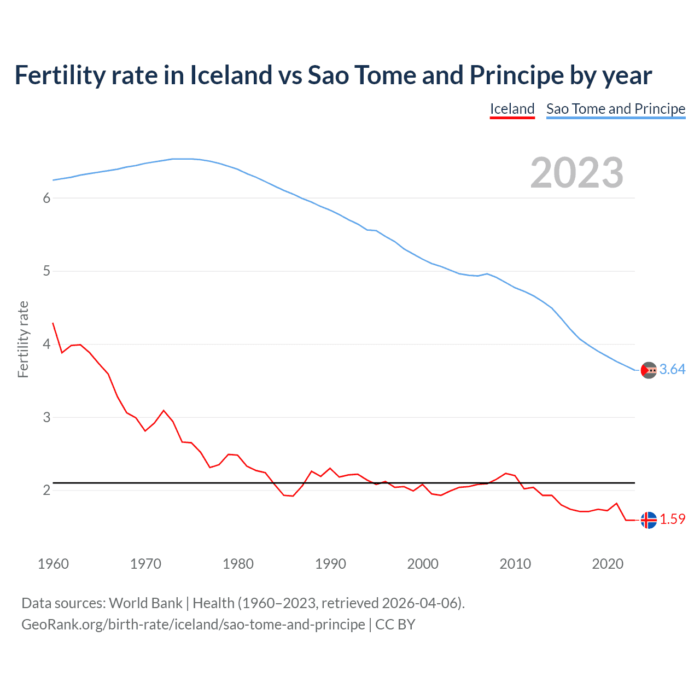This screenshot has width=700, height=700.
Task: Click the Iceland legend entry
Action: pyautogui.click(x=512, y=109)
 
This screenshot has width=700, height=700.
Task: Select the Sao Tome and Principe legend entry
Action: pyautogui.click(x=616, y=109)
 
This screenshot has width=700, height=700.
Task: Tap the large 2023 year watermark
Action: pyautogui.click(x=577, y=173)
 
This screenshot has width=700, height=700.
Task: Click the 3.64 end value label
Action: pyautogui.click(x=672, y=370)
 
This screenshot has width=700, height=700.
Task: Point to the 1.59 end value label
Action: pyautogui.click(x=672, y=519)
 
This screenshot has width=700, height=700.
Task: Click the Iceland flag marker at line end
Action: pyautogui.click(x=649, y=520)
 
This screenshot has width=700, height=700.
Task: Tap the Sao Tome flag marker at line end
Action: pyautogui.click(x=649, y=370)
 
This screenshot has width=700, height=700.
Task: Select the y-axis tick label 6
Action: pyautogui.click(x=46, y=198)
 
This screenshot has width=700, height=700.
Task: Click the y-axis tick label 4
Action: pyautogui.click(x=46, y=345)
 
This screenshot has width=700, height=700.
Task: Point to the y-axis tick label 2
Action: pyautogui.click(x=46, y=491)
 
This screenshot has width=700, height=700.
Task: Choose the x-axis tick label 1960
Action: pyautogui.click(x=53, y=564)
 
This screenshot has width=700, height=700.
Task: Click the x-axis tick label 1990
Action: pyautogui.click(x=330, y=564)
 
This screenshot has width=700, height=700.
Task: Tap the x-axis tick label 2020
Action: pyautogui.click(x=608, y=564)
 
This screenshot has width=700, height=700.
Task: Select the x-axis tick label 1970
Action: pyautogui.click(x=145, y=564)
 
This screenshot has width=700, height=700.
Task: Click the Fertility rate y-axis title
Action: pyautogui.click(x=23, y=339)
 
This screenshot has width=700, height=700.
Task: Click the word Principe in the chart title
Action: pyautogui.click(x=517, y=75)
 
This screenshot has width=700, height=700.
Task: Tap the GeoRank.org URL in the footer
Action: pyautogui.click(x=193, y=625)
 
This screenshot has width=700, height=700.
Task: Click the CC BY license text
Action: pyautogui.click(x=395, y=625)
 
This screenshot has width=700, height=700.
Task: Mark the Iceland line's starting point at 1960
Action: pyautogui.click(x=53, y=323)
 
